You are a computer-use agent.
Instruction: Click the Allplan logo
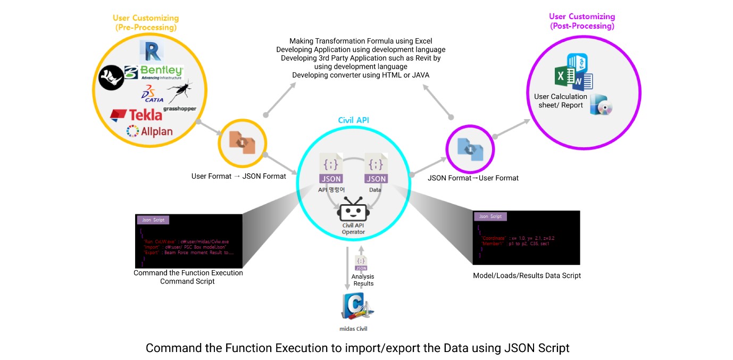[x=149, y=131]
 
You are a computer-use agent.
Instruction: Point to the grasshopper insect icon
[x=179, y=92]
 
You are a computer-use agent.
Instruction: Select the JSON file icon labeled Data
[x=376, y=169]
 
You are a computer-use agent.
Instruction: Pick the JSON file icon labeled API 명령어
[x=331, y=169]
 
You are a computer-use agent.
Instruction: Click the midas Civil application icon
[x=354, y=308]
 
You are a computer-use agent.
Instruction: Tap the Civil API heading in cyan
[x=353, y=120]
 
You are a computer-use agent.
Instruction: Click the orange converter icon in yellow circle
[x=243, y=143]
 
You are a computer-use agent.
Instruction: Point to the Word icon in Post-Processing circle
[x=584, y=81]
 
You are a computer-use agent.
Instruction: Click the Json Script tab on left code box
[x=153, y=220]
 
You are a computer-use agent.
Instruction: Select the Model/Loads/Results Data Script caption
[x=527, y=275]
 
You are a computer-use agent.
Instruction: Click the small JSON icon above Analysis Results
[x=361, y=263]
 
